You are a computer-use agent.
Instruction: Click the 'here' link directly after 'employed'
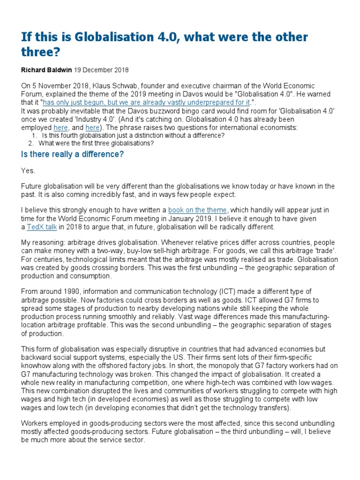coord(60,127)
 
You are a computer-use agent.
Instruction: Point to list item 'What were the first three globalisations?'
coord(96,143)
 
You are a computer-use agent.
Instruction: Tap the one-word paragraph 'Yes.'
coord(28,171)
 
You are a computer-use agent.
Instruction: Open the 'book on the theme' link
coord(197,210)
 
